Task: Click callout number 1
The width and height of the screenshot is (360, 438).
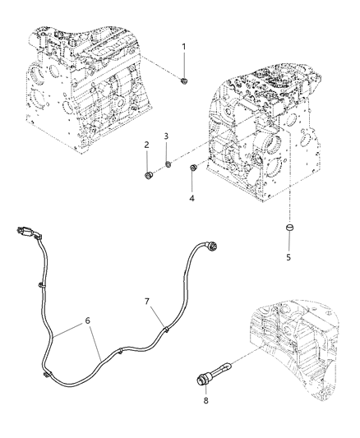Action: [184, 46]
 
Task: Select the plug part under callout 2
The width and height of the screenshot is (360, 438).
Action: [149, 175]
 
